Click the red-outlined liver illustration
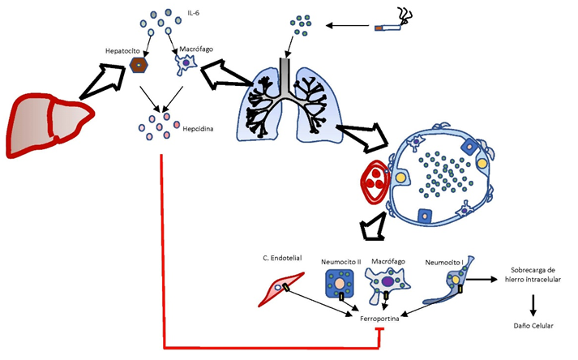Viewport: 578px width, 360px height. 49,126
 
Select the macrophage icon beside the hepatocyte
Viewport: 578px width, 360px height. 186,64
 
